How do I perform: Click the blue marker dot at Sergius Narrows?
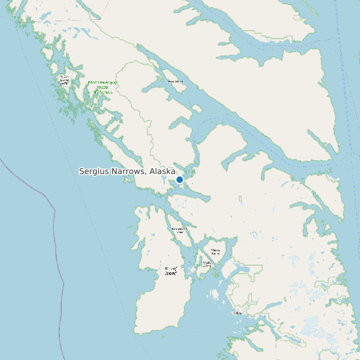click(179, 179)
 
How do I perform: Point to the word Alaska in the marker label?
click(162, 171)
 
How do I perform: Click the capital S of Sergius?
click(82, 171)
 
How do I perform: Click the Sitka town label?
click(238, 312)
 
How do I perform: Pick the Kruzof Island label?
click(171, 271)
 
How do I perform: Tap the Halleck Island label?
click(215, 252)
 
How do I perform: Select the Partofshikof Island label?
click(179, 230)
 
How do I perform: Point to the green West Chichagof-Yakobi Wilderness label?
click(102, 87)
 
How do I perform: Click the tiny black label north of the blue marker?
click(175, 81)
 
